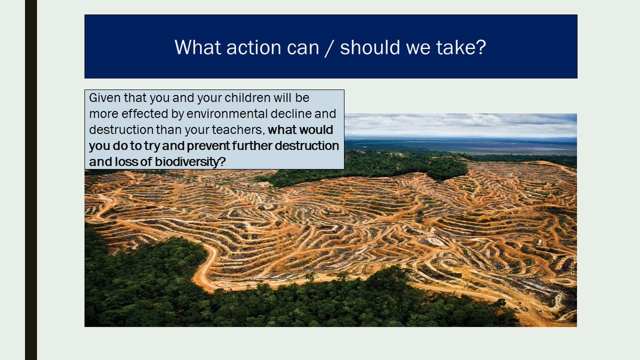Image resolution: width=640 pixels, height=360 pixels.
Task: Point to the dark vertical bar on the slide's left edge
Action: pyautogui.click(x=31, y=180)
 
